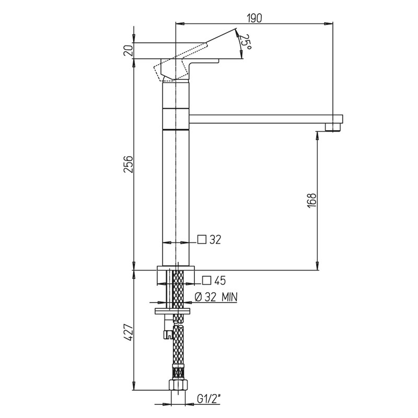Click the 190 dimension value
tap(254, 18)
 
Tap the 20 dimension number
tap(128, 50)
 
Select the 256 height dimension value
tap(128, 164)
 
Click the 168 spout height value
tap(311, 201)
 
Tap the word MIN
tap(229, 297)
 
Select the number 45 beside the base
tap(220, 281)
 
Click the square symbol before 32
tap(202, 240)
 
